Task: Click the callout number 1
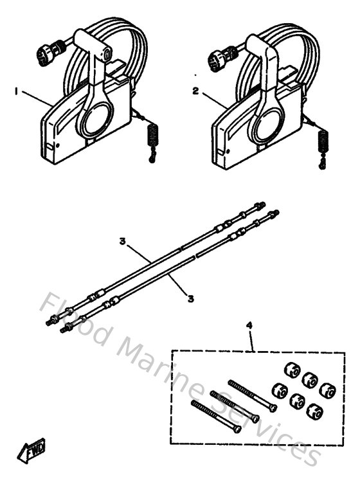tap(15, 92)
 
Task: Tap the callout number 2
tap(195, 91)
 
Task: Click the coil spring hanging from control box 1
tap(152, 136)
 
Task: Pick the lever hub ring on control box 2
tap(264, 123)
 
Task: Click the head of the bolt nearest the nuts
tap(274, 408)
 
